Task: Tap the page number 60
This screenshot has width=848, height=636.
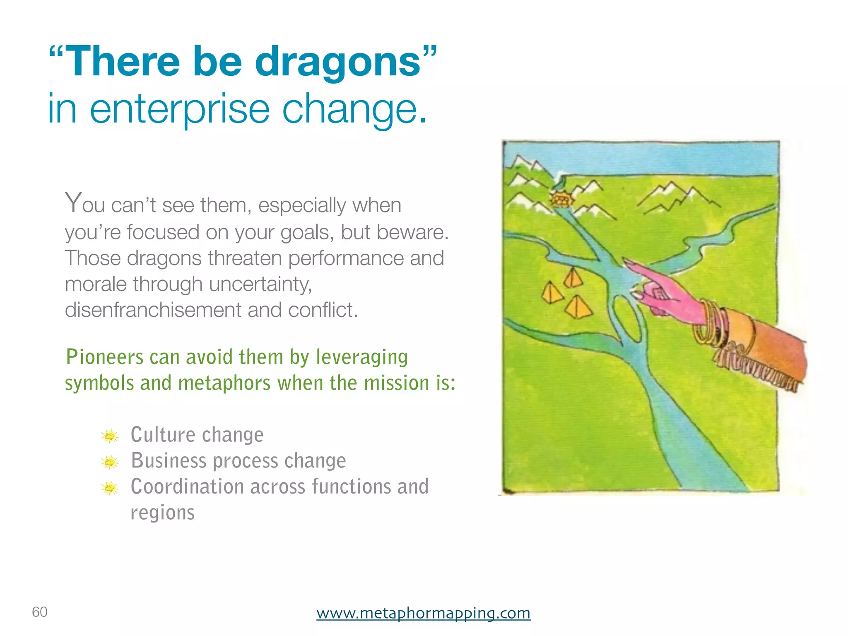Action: click(40, 612)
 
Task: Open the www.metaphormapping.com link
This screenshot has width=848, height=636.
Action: click(423, 613)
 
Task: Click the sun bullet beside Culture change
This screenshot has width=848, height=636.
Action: click(110, 436)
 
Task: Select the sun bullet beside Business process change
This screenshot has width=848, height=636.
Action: click(110, 462)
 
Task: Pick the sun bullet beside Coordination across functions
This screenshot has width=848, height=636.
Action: click(110, 488)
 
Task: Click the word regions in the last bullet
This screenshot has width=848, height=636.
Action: click(162, 513)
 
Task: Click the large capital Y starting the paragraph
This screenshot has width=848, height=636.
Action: click(73, 203)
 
